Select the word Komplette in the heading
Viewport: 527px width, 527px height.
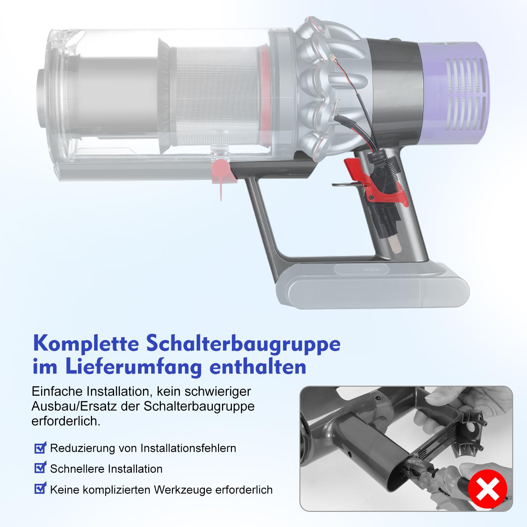(86, 344)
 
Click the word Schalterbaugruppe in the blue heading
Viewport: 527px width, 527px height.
(243, 344)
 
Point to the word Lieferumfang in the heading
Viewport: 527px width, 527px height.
(133, 367)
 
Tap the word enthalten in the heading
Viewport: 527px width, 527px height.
(258, 367)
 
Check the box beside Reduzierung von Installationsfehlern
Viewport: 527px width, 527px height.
(40, 448)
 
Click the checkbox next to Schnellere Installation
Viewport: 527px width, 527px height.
(40, 468)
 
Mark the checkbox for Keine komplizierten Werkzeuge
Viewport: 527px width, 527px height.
(40, 488)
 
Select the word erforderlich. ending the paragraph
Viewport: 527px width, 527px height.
(66, 421)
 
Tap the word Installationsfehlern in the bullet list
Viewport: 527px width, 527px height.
(188, 448)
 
